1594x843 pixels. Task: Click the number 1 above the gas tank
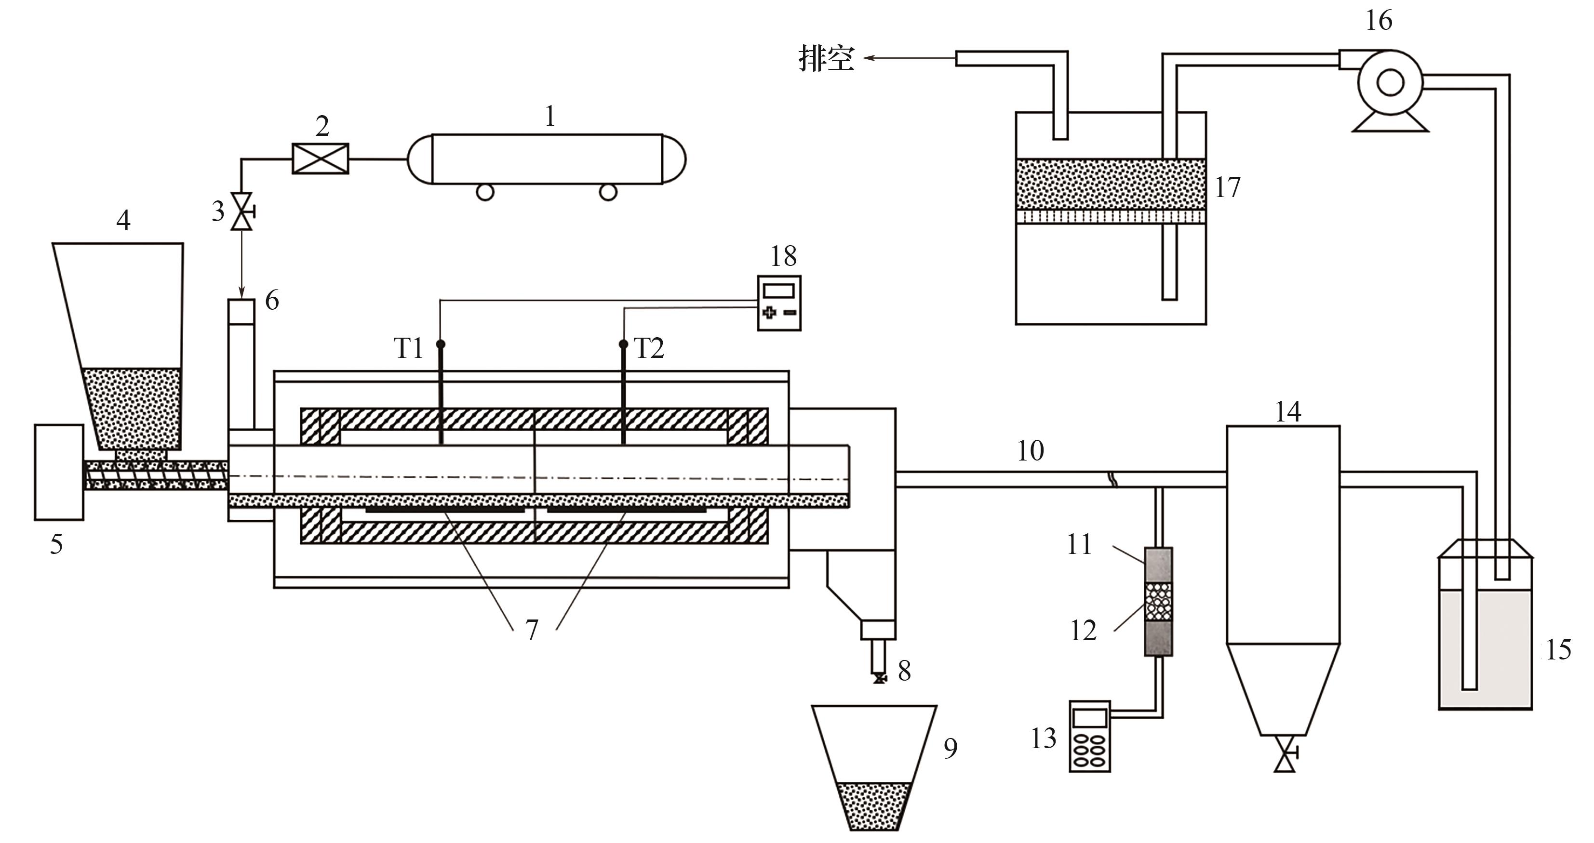550,116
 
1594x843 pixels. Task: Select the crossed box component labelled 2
320,158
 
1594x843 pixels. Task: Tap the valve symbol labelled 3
241,211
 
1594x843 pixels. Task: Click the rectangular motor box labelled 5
59,472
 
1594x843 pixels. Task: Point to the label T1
408,349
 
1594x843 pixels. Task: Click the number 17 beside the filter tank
1228,187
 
